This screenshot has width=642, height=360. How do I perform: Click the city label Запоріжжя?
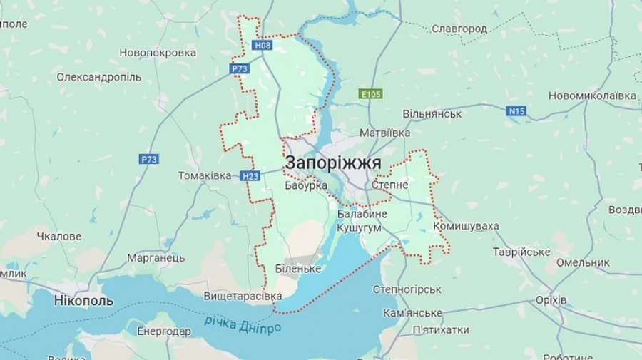click(333, 163)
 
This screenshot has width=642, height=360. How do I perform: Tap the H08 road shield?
click(263, 46)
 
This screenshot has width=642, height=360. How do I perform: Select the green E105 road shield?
click(371, 93)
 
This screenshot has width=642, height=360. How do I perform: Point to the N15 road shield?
click(516, 110)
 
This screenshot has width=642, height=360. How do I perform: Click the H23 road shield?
click(250, 175)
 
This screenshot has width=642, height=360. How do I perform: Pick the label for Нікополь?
click(83, 301)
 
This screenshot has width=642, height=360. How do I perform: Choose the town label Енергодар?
click(164, 331)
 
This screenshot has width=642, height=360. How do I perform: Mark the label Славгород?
click(459, 29)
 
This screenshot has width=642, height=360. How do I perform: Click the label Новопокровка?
click(158, 53)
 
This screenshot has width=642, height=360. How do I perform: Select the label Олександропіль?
click(99, 77)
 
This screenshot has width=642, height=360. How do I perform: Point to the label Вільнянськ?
click(432, 114)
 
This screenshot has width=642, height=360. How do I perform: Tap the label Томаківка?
click(205, 175)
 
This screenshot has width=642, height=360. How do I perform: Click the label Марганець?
click(156, 258)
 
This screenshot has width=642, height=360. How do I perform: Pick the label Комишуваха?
click(466, 226)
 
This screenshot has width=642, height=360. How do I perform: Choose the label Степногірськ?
click(407, 289)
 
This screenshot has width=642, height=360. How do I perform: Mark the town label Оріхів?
click(550, 300)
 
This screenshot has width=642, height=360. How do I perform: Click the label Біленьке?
click(298, 269)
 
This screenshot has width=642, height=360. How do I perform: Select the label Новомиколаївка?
click(593, 96)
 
